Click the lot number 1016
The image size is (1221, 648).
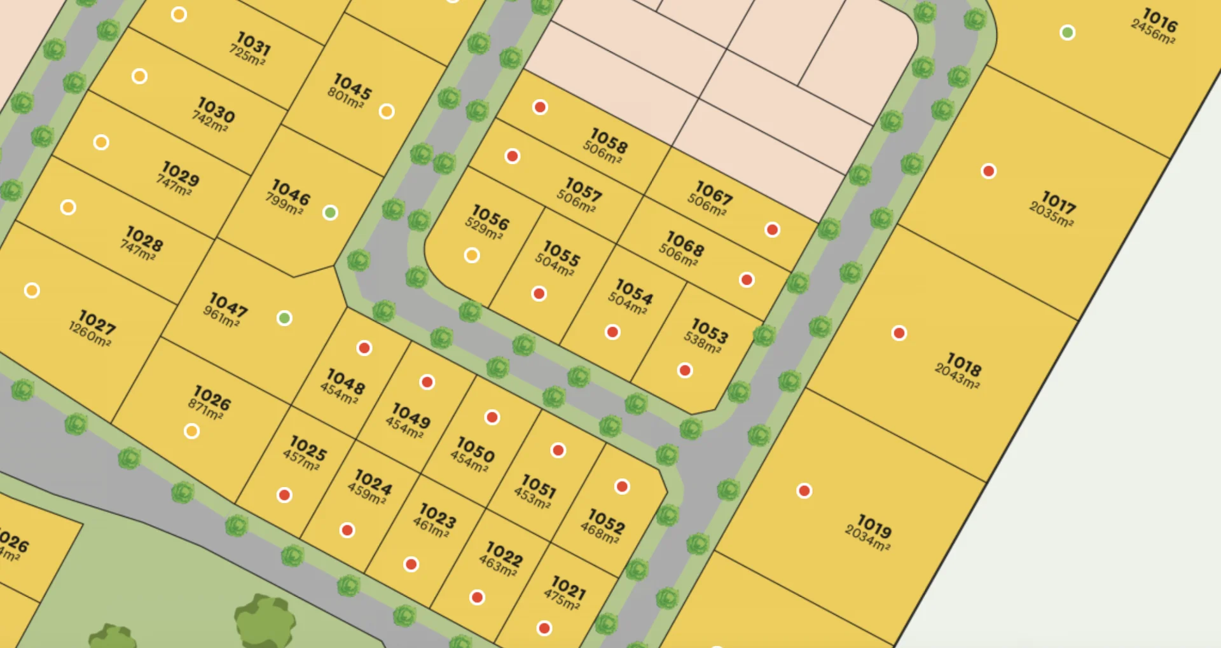1160,20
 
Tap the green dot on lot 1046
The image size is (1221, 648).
330,212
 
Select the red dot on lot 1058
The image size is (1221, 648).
540,107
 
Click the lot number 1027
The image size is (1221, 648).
97,321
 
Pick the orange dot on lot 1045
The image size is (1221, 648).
387,111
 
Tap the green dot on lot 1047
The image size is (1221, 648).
284,318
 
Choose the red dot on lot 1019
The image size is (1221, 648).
804,491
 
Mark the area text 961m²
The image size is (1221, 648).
221,316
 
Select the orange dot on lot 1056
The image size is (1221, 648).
472,255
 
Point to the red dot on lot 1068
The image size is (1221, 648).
747,280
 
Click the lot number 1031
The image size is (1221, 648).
254,43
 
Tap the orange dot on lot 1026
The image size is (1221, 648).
191,431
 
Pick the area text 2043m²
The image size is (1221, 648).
956,376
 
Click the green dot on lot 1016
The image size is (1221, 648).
1068,32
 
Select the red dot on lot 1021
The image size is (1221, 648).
544,628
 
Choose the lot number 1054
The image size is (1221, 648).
634,291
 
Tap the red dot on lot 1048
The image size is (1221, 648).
364,348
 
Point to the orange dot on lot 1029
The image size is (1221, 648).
101,142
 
